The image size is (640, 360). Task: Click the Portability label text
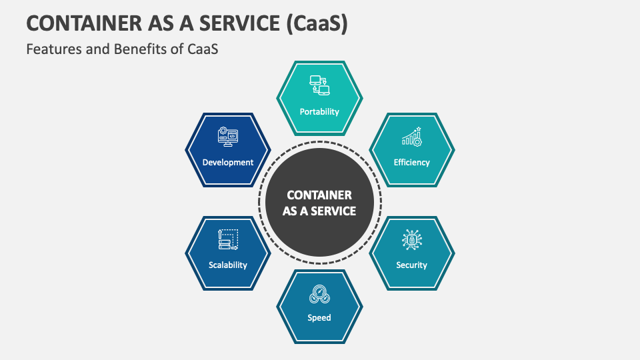pyautogui.click(x=319, y=112)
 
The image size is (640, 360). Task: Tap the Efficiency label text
pyautogui.click(x=411, y=162)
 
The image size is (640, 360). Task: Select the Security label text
pyautogui.click(x=411, y=265)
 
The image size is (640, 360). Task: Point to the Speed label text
pyautogui.click(x=319, y=318)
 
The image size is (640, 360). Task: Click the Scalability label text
pyautogui.click(x=227, y=265)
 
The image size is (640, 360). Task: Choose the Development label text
pyautogui.click(x=228, y=162)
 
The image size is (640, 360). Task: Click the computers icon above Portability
pyautogui.click(x=319, y=85)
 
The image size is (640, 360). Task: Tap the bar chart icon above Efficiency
pyautogui.click(x=411, y=137)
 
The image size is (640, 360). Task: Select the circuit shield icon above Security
pyautogui.click(x=411, y=240)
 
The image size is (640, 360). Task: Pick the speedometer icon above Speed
pyautogui.click(x=319, y=294)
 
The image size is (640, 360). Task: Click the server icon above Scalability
pyautogui.click(x=227, y=239)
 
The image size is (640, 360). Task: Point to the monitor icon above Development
pyautogui.click(x=228, y=137)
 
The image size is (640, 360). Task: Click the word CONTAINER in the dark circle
pyautogui.click(x=319, y=195)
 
